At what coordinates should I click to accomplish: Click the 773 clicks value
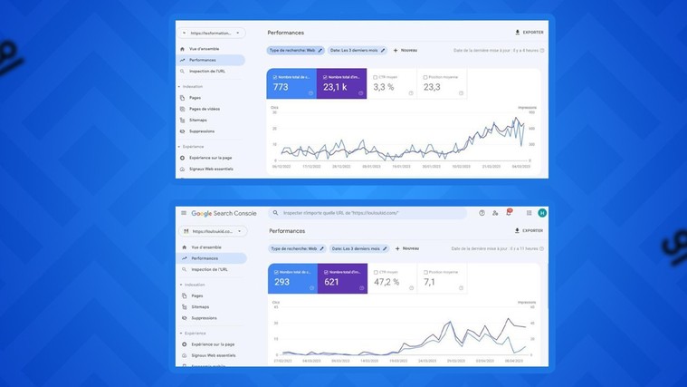click(x=281, y=87)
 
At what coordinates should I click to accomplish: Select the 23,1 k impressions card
click(x=341, y=84)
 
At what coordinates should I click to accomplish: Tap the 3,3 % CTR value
click(x=384, y=87)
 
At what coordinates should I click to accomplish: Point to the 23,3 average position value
click(x=432, y=87)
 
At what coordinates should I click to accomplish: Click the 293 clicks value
click(x=282, y=282)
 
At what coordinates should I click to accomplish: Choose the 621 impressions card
click(x=341, y=279)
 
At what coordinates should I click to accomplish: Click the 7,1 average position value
click(x=430, y=282)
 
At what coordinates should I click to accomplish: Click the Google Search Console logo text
click(x=224, y=213)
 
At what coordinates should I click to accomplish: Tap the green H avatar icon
click(x=542, y=213)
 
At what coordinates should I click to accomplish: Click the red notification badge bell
click(x=509, y=213)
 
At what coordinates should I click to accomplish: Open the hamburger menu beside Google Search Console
click(x=184, y=213)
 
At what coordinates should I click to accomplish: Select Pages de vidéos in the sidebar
click(x=205, y=109)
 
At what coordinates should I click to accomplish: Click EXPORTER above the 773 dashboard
click(x=530, y=33)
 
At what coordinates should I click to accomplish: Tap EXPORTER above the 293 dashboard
click(x=529, y=231)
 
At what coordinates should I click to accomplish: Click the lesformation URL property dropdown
click(x=211, y=33)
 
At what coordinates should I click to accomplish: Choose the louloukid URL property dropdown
click(x=213, y=231)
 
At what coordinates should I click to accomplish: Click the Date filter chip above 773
click(x=357, y=51)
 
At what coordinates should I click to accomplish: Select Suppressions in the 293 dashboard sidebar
click(x=204, y=318)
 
